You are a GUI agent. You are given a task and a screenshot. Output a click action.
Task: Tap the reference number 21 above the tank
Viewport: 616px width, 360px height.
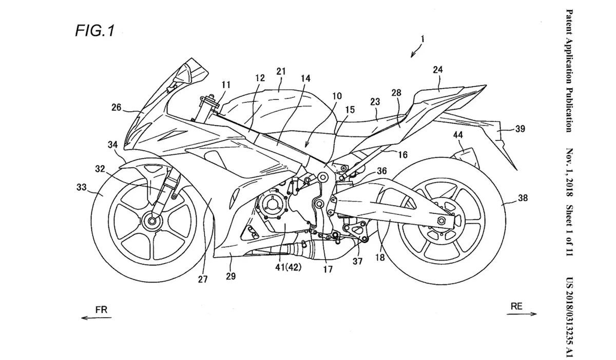pyautogui.click(x=281, y=71)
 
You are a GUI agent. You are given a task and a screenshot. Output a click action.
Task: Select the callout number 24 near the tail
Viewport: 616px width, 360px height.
pyautogui.click(x=438, y=69)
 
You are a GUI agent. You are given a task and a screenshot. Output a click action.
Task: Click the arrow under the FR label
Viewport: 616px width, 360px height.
pyautogui.click(x=96, y=318)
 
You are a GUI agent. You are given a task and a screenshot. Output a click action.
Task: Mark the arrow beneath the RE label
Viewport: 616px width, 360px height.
pyautogui.click(x=524, y=314)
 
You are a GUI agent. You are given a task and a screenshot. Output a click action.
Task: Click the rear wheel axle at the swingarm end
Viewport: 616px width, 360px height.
pyautogui.click(x=440, y=221)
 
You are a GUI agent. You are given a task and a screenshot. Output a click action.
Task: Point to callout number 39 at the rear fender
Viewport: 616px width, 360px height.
pyautogui.click(x=520, y=129)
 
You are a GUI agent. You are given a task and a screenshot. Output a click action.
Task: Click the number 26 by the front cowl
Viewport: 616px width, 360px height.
pyautogui.click(x=117, y=108)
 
